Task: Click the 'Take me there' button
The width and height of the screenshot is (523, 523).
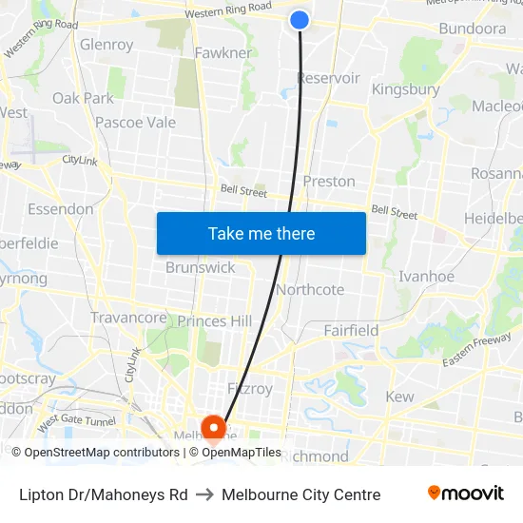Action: pos(261,233)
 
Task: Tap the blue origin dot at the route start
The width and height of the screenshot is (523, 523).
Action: pos(300,19)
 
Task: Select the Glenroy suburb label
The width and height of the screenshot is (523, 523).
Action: pos(107,45)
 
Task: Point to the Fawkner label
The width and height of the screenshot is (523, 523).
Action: pos(223,52)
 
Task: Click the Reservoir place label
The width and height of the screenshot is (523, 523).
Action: pos(328,78)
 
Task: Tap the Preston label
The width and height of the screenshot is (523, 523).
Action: pos(329,181)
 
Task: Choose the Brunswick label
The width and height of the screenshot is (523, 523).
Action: pos(200,267)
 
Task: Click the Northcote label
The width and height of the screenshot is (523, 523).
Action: pos(310,289)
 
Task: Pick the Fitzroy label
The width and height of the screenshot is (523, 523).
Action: pos(250,389)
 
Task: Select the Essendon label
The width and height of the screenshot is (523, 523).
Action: pos(61,208)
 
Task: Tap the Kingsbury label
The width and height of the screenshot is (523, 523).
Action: pos(405,89)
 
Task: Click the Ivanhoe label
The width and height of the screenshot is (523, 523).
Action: pos(426,276)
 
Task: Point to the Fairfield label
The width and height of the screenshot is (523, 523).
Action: pos(351,331)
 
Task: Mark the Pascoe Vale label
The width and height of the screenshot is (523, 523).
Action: pos(135,122)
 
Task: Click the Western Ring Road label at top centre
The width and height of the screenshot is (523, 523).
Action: pos(229,12)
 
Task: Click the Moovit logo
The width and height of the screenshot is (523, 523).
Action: pos(466,494)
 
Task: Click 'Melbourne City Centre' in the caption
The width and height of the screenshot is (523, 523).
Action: pos(300,494)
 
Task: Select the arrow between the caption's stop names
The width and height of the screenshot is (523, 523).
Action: pos(204,494)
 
